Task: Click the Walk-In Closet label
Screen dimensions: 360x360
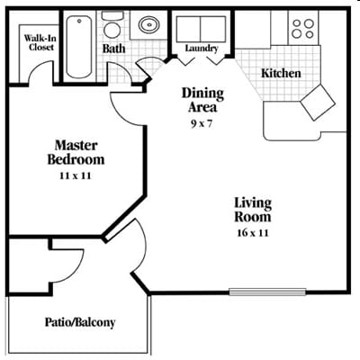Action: [37, 42]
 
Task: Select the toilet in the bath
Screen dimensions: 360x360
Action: [112, 24]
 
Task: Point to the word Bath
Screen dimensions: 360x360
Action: [114, 48]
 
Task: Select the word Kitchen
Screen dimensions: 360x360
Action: [281, 73]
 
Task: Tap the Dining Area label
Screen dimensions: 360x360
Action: [202, 99]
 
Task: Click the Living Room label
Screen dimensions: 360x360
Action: [252, 211]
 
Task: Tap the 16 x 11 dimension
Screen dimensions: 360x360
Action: [252, 233]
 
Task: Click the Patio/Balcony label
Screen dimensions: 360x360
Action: [80, 322]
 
